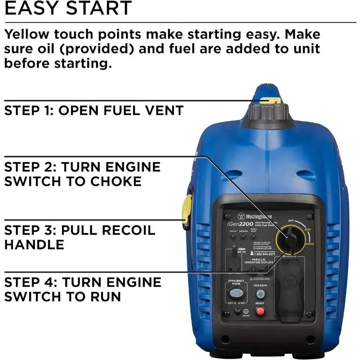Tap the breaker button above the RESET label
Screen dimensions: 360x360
pos(260,294)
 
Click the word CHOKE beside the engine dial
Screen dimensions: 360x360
pos(310,244)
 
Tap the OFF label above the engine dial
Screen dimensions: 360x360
pos(292,221)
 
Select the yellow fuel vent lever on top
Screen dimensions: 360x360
pos(270,100)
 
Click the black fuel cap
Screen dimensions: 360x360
pos(268,114)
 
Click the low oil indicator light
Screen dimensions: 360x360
pos(233,237)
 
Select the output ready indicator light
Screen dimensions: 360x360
pos(254,237)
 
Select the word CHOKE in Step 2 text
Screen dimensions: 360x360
pos(116,181)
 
